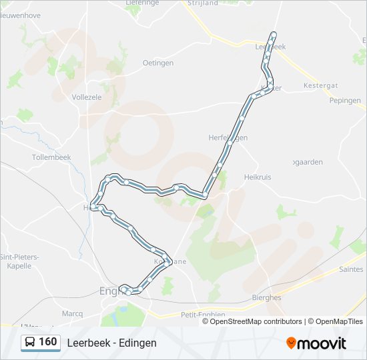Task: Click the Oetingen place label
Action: tap(158, 63)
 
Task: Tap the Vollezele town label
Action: tap(86, 97)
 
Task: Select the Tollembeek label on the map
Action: tap(51, 157)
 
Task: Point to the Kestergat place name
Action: tap(322, 87)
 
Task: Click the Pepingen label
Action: tap(345, 101)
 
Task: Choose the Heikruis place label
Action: tap(260, 177)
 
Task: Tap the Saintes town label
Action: tap(351, 269)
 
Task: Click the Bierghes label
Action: tap(267, 298)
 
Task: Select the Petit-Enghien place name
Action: tap(203, 314)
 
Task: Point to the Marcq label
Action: tap(72, 313)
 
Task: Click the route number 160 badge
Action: tap(48, 342)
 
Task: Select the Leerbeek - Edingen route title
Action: tap(111, 343)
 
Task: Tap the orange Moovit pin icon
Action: tap(292, 343)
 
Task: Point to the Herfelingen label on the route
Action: tap(228, 137)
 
